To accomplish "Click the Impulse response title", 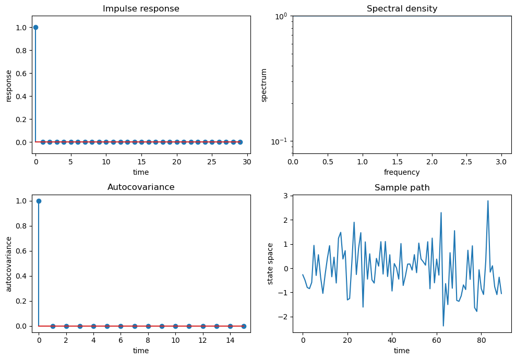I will tap(141, 9).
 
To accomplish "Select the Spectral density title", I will tap(402, 9).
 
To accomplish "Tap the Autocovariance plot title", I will tap(141, 187).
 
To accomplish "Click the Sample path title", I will tap(402, 188).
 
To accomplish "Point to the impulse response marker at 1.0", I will tap(35, 27).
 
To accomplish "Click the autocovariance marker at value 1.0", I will tap(39, 201).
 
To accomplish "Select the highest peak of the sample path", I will tap(488, 201).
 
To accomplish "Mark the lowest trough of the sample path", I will tap(443, 326).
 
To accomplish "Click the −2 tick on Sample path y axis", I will tap(285, 317).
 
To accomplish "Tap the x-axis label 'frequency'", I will tap(402, 172).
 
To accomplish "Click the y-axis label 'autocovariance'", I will tap(9, 263).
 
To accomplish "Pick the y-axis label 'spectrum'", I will tap(264, 85).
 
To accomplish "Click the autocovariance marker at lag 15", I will tap(244, 326).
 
